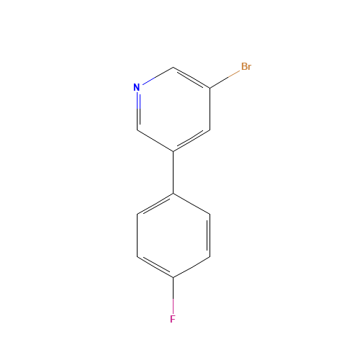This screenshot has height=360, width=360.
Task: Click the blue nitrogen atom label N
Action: (x=137, y=87)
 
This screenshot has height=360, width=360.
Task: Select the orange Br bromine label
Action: (x=246, y=66)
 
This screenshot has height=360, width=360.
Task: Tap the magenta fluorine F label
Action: (x=173, y=319)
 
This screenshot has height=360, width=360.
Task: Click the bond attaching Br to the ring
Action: (x=225, y=79)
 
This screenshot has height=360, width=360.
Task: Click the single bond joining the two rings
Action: (x=174, y=172)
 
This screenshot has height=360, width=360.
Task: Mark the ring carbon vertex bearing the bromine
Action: (x=210, y=88)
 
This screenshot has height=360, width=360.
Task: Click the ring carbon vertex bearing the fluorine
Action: (x=174, y=278)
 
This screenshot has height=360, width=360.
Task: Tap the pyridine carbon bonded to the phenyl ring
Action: (x=174, y=151)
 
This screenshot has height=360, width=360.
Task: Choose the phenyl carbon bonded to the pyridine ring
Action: (x=174, y=194)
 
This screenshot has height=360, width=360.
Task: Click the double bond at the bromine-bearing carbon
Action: (x=192, y=78)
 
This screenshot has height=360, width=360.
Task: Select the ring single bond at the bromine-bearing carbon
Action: (x=210, y=109)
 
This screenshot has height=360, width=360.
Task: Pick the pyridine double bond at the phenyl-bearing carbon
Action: (x=192, y=140)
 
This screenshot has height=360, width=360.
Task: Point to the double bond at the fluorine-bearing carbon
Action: (x=155, y=266)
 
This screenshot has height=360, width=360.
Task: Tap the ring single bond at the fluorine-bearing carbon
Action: (x=192, y=267)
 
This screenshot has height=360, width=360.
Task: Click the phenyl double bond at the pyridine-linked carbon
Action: (x=155, y=204)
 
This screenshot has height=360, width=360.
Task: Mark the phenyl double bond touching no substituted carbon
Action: (x=209, y=235)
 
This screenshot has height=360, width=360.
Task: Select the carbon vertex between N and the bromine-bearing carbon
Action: (x=174, y=67)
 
